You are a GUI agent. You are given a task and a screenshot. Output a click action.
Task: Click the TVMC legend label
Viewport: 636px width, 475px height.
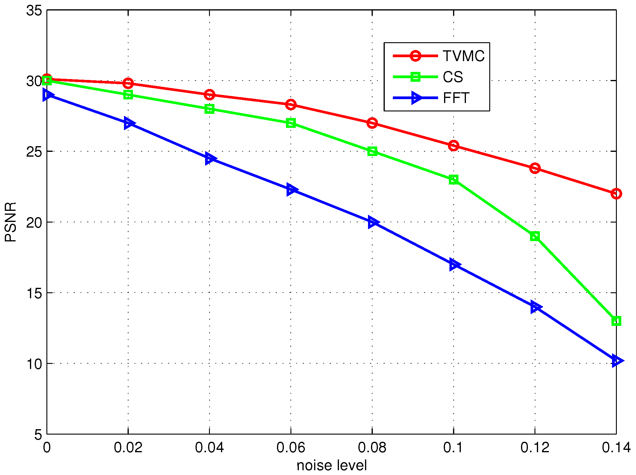coord(464,56)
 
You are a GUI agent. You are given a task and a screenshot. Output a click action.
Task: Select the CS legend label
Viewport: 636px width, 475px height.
coord(453,77)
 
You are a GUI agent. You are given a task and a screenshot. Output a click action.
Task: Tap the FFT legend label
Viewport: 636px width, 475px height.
coord(456,98)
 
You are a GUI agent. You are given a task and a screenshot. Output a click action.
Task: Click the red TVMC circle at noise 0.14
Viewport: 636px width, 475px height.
coord(616,194)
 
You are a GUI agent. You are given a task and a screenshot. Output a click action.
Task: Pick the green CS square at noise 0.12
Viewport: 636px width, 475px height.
coord(535,236)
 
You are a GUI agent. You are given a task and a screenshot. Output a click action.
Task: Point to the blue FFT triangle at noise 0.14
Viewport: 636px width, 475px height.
coord(617,361)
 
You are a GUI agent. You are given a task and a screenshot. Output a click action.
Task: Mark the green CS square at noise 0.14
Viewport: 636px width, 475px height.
coord(616,321)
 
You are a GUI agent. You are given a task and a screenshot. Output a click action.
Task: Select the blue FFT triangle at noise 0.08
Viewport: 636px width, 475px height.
coord(373,222)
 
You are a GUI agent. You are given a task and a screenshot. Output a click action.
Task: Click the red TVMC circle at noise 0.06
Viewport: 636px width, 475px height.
coord(291,105)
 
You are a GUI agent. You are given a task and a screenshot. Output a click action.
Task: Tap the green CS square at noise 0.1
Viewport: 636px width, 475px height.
coord(454,180)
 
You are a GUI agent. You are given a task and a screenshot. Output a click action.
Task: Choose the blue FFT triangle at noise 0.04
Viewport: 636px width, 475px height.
coord(210,158)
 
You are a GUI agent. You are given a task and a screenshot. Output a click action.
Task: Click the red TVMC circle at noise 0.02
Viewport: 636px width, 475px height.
coord(128,83)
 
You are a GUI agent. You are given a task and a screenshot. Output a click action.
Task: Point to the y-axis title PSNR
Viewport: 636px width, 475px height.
coord(11,222)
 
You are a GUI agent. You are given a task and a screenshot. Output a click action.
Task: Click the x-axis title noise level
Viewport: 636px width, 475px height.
coord(331,465)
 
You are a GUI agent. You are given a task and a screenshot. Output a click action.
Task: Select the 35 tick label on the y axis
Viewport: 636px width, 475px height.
coord(34,11)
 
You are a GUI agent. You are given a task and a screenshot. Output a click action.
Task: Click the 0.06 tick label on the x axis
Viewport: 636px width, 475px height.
coord(290,447)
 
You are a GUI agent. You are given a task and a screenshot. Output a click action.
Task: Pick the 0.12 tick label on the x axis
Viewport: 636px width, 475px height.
coord(535,447)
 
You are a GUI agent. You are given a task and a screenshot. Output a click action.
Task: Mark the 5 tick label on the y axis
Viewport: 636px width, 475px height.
coord(38,434)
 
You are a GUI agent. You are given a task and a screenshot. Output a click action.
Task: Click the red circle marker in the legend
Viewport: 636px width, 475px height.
coord(416,56)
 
